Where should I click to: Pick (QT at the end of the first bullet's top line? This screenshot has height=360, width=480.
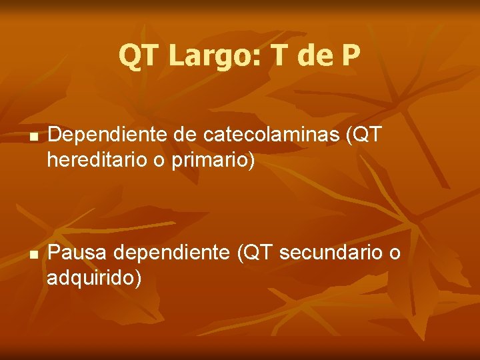click(363, 136)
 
